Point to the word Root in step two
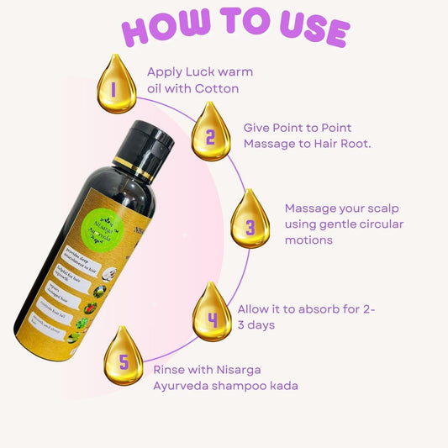pyautogui.click(x=356, y=144)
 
